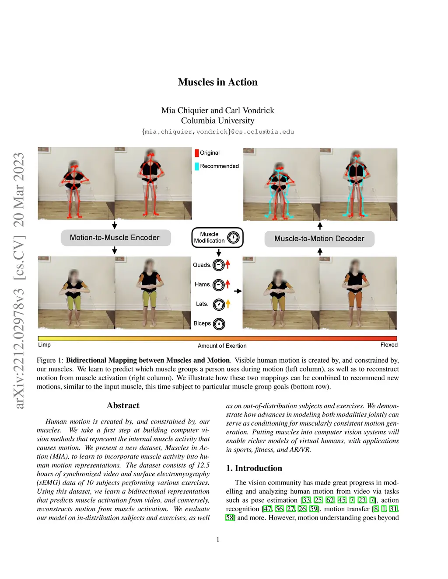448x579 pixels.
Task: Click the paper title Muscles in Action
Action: pos(217,82)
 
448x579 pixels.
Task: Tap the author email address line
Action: pos(217,132)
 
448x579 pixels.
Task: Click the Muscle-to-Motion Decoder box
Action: pos(319,239)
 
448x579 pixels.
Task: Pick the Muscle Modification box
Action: pos(217,237)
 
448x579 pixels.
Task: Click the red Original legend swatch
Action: pos(197,153)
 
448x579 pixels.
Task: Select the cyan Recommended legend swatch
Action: pos(197,166)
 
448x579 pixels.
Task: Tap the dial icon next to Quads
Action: pos(218,265)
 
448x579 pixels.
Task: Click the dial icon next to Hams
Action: pos(218,285)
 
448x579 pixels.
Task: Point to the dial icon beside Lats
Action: pos(219,304)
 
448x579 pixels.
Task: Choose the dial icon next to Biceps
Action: pos(219,324)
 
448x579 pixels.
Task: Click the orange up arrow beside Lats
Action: pos(228,303)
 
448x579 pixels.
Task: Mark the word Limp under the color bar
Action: pos(44,345)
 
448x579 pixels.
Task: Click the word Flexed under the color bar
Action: pos(389,345)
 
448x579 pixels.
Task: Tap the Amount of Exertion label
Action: pos(222,346)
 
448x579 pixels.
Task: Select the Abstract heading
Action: pos(123,406)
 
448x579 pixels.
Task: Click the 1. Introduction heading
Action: pos(254,468)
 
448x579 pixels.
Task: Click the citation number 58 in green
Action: pos(230,518)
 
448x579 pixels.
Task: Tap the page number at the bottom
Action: pos(218,539)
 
